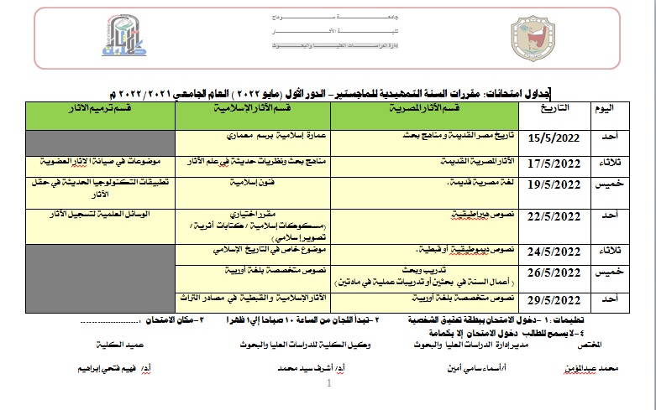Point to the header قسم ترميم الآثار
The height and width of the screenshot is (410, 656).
[x=99, y=109]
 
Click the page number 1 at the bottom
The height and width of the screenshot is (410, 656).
[x=328, y=385]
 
